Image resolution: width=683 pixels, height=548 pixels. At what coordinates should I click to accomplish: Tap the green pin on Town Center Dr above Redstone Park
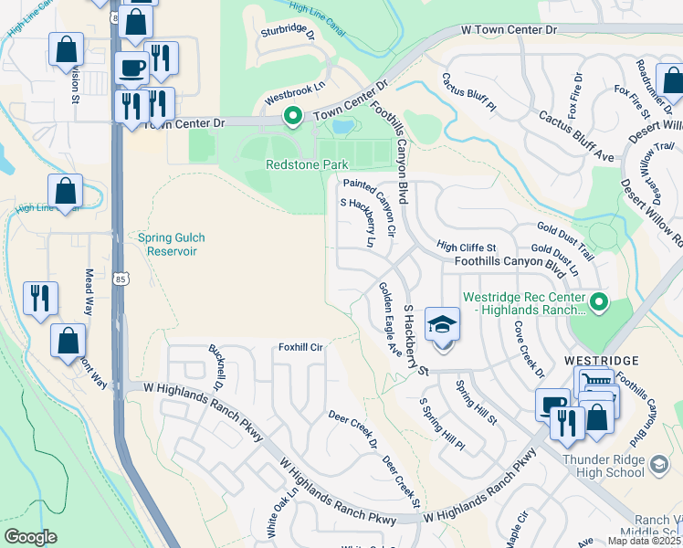click(x=292, y=116)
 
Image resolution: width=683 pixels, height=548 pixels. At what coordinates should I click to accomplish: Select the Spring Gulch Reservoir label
click(x=172, y=244)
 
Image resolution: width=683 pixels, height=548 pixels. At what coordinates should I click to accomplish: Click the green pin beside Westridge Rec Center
click(x=598, y=300)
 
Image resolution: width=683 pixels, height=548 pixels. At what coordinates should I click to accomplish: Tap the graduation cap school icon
click(x=442, y=326)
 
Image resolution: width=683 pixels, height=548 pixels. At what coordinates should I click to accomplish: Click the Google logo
click(x=31, y=536)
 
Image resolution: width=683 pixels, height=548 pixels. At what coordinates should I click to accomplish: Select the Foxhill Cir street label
click(x=301, y=348)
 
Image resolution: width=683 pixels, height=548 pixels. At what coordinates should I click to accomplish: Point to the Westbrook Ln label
click(x=295, y=91)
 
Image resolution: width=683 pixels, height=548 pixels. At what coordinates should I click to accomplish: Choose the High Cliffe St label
click(x=466, y=248)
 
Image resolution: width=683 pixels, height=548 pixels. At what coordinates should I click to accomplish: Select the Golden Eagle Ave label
click(x=390, y=318)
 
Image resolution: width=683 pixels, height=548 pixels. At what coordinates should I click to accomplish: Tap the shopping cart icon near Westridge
click(x=594, y=383)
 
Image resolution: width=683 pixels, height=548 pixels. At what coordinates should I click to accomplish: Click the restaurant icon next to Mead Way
click(x=41, y=299)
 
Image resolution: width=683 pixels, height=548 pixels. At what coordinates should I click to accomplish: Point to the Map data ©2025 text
click(x=645, y=540)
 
